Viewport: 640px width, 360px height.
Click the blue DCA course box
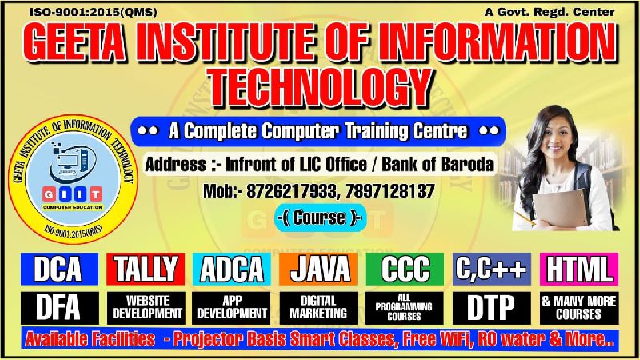[x=59, y=269]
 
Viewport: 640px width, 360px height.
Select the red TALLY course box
[x=146, y=269]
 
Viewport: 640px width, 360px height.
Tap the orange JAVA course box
[x=318, y=269]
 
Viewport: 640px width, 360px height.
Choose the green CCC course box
[x=405, y=269]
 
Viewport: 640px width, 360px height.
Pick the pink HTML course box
[x=579, y=269]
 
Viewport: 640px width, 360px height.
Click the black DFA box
[x=59, y=308]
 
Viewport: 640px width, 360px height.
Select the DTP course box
[x=492, y=308]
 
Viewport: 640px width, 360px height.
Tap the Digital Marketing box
[x=318, y=308]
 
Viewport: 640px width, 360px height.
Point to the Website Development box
[x=146, y=308]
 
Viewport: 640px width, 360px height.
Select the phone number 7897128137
[x=390, y=191]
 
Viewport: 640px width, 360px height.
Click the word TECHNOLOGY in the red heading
[x=321, y=87]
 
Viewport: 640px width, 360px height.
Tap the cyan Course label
[x=319, y=218]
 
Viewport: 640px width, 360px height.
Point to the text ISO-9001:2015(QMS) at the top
[x=93, y=12]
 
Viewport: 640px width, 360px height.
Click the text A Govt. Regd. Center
[x=550, y=12]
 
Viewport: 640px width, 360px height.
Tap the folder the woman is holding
[x=561, y=209]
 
